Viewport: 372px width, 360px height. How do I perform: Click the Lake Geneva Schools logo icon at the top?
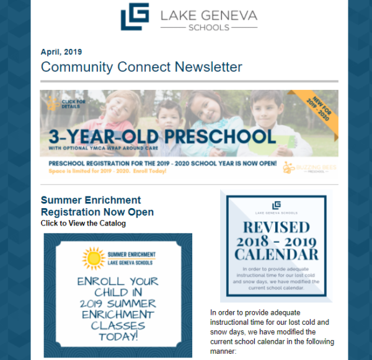pyautogui.click(x=135, y=17)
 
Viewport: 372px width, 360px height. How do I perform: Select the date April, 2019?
pyautogui.click(x=61, y=53)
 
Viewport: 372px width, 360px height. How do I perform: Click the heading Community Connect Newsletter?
pyautogui.click(x=141, y=67)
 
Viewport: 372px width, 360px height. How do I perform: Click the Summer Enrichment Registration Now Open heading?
pyautogui.click(x=97, y=206)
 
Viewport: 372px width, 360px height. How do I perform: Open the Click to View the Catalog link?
pyautogui.click(x=83, y=223)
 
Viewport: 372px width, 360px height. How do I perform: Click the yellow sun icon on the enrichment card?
pyautogui.click(x=94, y=257)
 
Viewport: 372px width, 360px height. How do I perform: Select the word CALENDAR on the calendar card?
pyautogui.click(x=277, y=255)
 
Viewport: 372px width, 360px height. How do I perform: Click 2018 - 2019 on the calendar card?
pyautogui.click(x=277, y=240)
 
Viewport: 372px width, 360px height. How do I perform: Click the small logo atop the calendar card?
pyautogui.click(x=277, y=205)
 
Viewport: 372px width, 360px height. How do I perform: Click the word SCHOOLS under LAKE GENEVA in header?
pyautogui.click(x=211, y=28)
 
